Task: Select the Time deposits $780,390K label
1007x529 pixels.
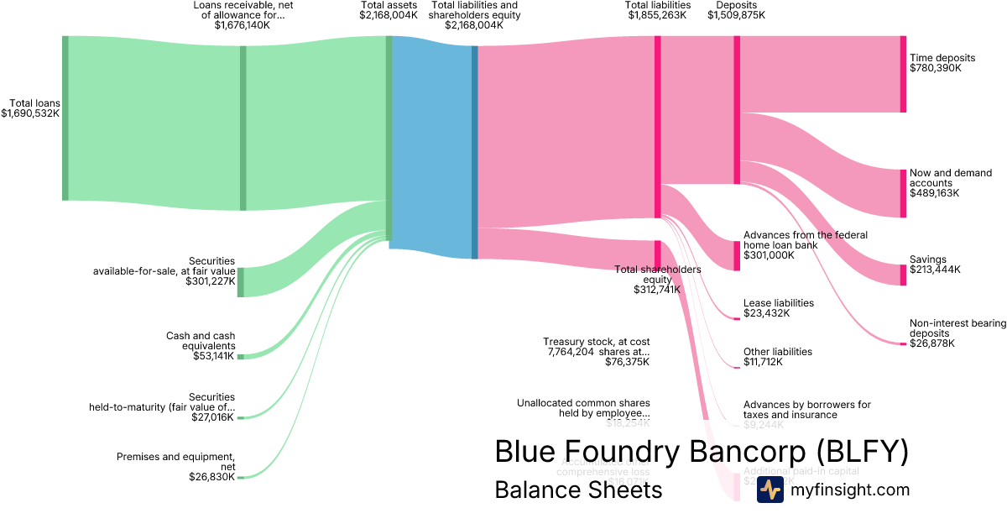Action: tap(942, 63)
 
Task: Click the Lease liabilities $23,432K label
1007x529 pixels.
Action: tap(779, 308)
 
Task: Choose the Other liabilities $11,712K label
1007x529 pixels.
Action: tap(778, 357)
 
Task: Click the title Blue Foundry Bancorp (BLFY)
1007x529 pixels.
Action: tap(702, 452)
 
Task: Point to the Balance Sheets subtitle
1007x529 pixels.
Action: tap(578, 490)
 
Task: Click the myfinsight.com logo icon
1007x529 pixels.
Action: tap(770, 490)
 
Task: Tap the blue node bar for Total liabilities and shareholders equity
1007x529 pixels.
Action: tap(474, 151)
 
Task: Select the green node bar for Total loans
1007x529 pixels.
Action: tap(65, 118)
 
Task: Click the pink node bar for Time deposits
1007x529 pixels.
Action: tap(903, 74)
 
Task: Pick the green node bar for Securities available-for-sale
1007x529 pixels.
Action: tap(241, 282)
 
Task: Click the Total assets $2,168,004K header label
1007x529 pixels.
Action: tap(389, 10)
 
